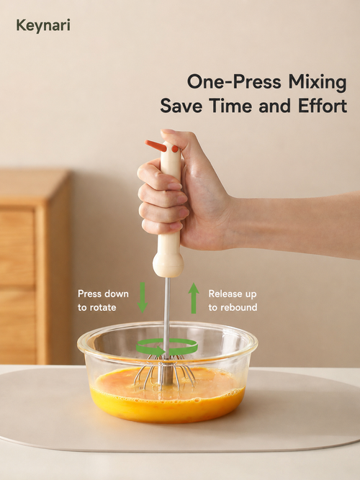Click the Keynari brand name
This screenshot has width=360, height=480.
(x=43, y=25)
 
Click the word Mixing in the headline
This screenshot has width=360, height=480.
(x=317, y=82)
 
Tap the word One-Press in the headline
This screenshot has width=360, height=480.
(x=234, y=82)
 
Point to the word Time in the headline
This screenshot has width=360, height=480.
(x=231, y=106)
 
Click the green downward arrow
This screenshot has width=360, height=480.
(x=143, y=297)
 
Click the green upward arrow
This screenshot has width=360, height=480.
(x=194, y=298)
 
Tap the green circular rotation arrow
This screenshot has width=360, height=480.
(x=166, y=347)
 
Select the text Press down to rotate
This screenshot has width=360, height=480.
(x=103, y=300)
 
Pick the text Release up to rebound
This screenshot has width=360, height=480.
(x=233, y=300)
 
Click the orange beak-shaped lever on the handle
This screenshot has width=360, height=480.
(x=156, y=145)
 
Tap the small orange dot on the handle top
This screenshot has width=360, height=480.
(x=175, y=149)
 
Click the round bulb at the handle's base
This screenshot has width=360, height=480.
(x=168, y=264)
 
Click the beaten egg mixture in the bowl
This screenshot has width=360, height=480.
(x=167, y=395)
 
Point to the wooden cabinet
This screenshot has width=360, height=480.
(x=35, y=266)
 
